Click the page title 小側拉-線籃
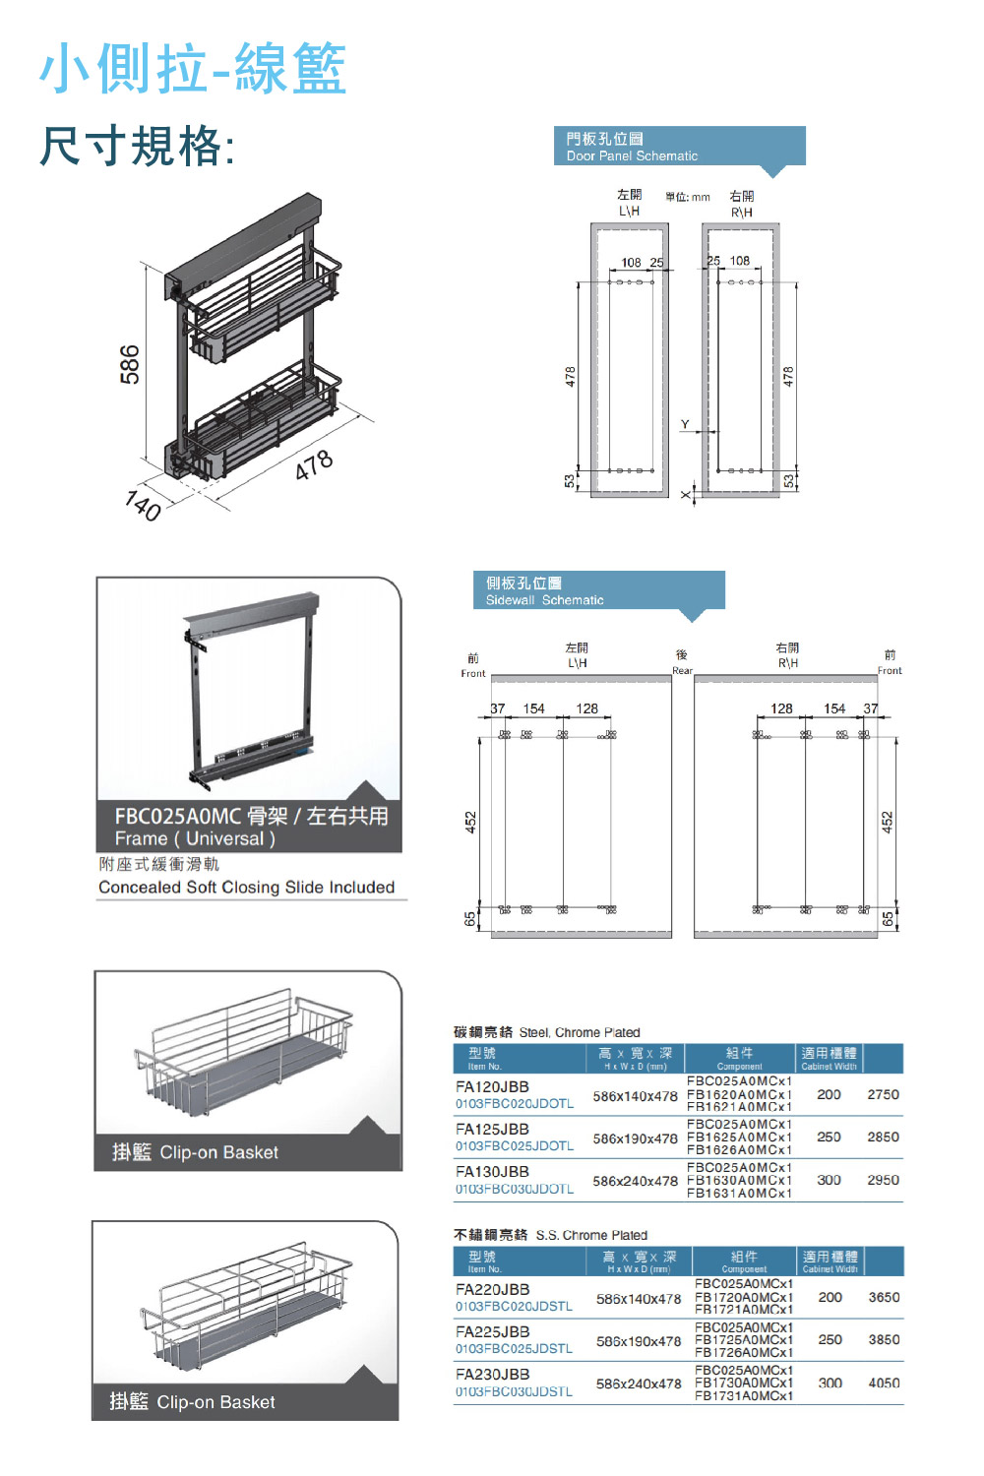coord(193,69)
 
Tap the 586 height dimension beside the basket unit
coord(130,364)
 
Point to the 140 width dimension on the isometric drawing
coord(144,506)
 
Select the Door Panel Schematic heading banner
coord(679,147)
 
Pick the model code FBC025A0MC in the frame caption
coord(178,817)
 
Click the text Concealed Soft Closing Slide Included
coord(246,888)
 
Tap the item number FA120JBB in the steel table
coord(492,1087)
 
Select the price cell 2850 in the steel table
coord(883,1138)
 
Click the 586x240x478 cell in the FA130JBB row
coord(635,1181)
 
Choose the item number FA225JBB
coord(492,1332)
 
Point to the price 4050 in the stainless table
coord(884,1384)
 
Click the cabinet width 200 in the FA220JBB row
coord(830,1298)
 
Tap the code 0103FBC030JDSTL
coord(514,1392)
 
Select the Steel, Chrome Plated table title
coord(547,1032)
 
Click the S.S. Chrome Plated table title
coord(551,1235)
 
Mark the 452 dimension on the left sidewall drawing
coord(470,822)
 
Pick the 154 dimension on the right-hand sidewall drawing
coord(834,708)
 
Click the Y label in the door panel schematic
coord(685,424)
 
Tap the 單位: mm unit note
coord(687,197)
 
